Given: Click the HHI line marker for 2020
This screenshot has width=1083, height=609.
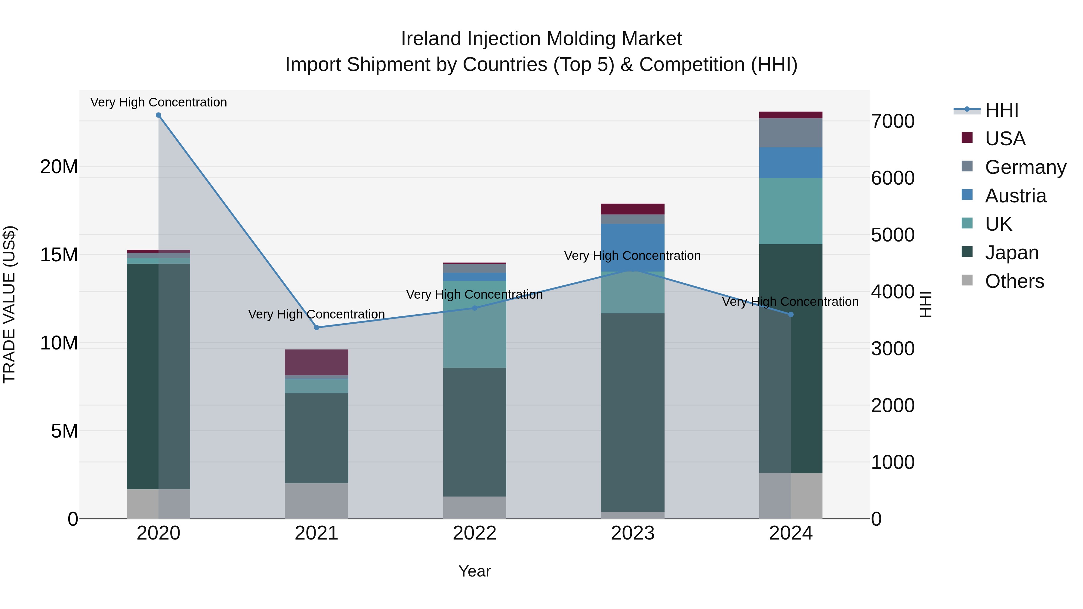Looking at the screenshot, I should (x=159, y=115).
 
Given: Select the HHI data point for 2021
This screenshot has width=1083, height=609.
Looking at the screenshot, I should (x=316, y=328).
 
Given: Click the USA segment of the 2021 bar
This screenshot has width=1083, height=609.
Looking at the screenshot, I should (x=316, y=362).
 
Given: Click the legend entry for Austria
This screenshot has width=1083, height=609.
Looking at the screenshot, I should (x=1015, y=196).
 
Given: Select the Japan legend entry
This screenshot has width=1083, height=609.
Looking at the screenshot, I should (x=1011, y=253).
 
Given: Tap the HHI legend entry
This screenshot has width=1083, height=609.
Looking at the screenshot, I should (x=1001, y=110).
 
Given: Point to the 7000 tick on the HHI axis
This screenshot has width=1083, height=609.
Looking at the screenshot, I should (x=893, y=121).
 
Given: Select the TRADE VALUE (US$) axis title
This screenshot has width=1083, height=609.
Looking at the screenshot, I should (x=9, y=304).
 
